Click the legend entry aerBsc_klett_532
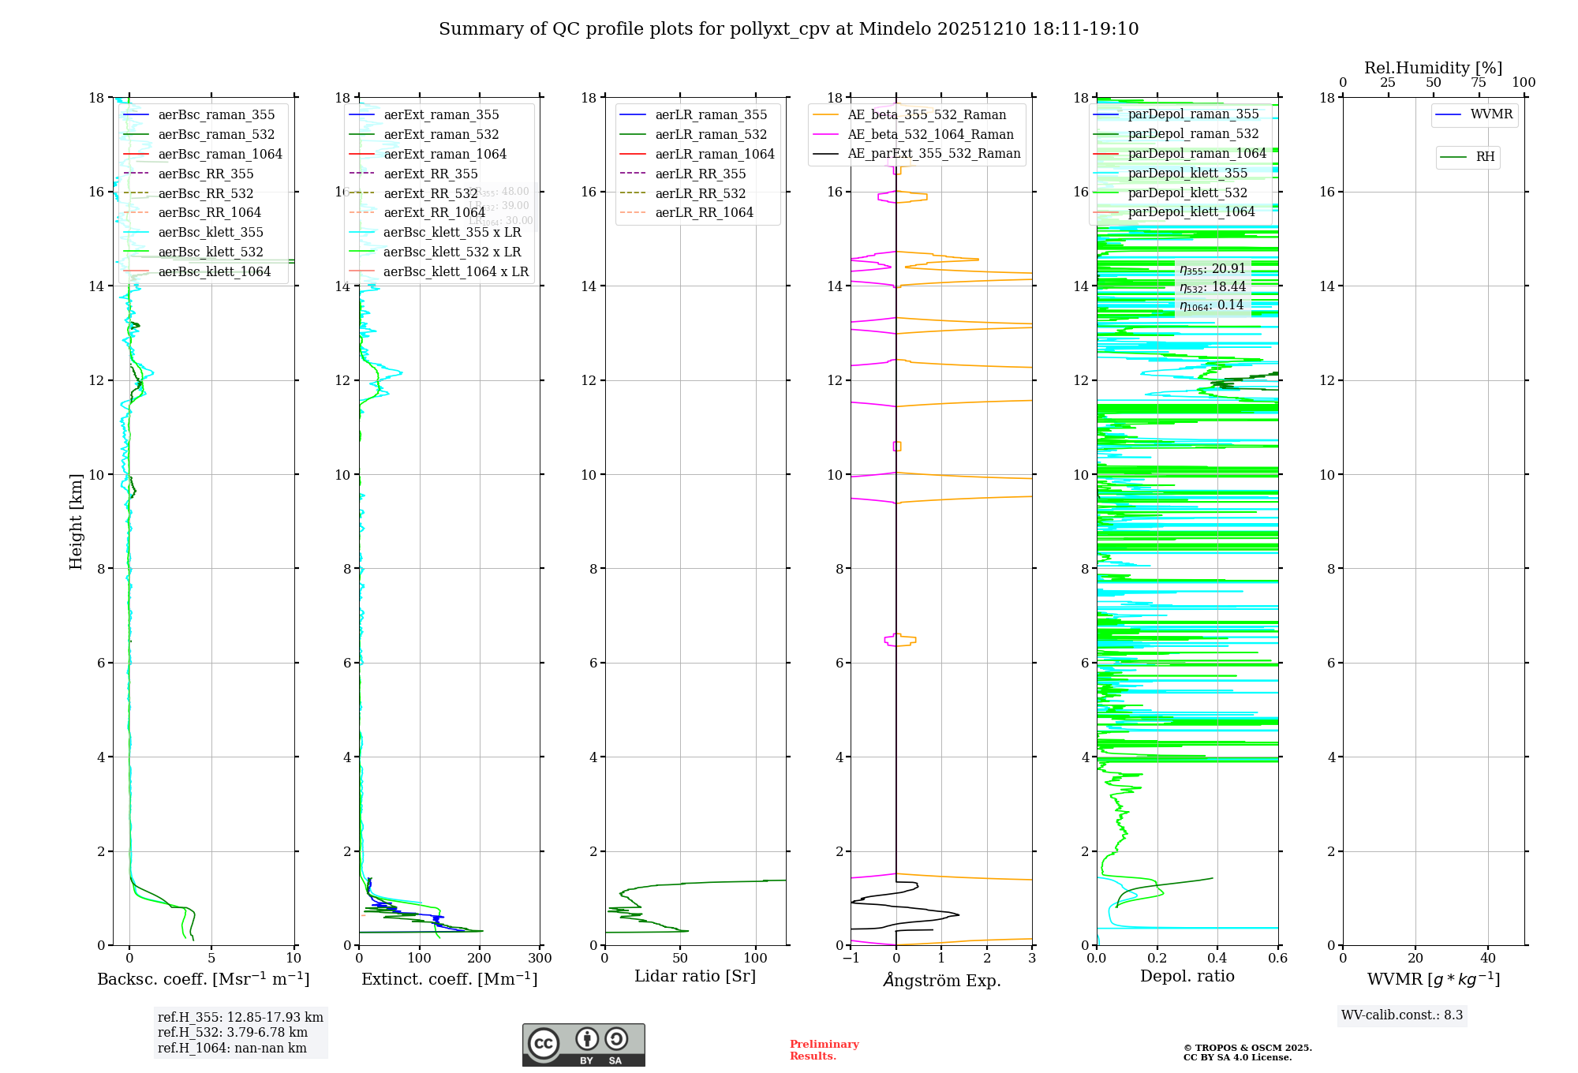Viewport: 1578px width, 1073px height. (x=211, y=252)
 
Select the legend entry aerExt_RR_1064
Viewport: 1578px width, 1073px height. (x=435, y=213)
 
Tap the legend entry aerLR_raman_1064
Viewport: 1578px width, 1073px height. (x=715, y=155)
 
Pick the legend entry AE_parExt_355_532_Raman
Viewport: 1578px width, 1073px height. (x=934, y=154)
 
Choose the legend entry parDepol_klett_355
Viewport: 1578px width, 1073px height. (x=1187, y=174)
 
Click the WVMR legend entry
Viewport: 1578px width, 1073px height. (x=1491, y=115)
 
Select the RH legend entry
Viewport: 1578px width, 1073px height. (x=1485, y=157)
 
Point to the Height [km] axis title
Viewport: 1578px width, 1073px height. (x=76, y=522)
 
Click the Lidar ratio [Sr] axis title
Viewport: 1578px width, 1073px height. (x=695, y=977)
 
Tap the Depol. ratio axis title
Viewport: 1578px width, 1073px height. (x=1187, y=977)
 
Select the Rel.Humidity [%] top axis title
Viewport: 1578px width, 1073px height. (x=1433, y=69)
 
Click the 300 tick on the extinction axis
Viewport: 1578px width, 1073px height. (x=540, y=959)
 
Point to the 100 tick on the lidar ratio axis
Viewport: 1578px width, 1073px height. (x=756, y=959)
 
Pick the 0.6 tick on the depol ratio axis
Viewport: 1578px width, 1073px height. (x=1277, y=959)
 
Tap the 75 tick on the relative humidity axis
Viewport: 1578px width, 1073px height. (x=1479, y=83)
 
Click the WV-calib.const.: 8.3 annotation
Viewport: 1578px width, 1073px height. (x=1402, y=1015)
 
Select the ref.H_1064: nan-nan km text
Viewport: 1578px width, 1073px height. (x=232, y=1049)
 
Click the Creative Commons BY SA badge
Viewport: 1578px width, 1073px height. (x=583, y=1045)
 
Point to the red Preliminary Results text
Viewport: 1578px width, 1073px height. (x=824, y=1050)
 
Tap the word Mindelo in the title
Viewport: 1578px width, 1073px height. (x=895, y=29)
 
